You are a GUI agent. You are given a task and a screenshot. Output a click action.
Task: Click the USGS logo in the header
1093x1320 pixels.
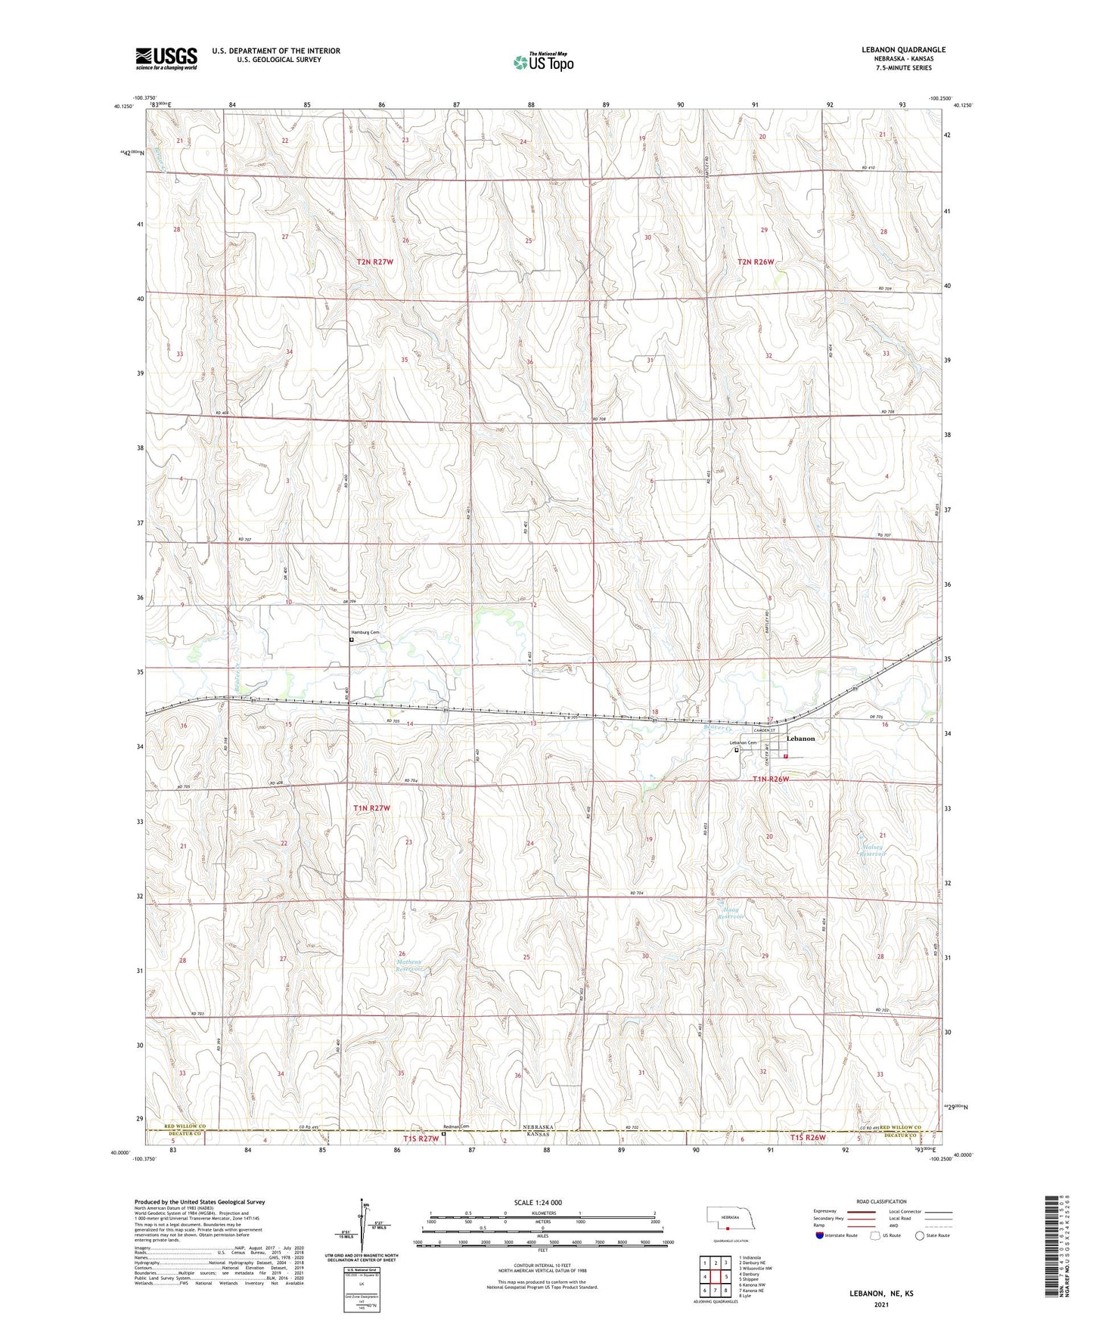click(x=166, y=57)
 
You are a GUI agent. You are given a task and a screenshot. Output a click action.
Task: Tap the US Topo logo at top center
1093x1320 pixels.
click(x=543, y=62)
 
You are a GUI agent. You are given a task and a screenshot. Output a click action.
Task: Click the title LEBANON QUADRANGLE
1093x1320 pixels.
click(x=903, y=50)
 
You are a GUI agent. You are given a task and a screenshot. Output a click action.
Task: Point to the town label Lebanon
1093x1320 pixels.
click(x=801, y=739)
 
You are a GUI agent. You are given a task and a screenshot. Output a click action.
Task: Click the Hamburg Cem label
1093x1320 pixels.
click(x=364, y=632)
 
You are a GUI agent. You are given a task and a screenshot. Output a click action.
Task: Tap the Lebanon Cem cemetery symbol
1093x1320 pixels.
click(x=737, y=751)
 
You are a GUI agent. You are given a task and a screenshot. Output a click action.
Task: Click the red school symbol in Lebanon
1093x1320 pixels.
click(x=785, y=756)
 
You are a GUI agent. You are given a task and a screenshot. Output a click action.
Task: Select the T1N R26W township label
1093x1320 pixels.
click(x=771, y=779)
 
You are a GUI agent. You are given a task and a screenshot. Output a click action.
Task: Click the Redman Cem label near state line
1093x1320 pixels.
click(x=456, y=1126)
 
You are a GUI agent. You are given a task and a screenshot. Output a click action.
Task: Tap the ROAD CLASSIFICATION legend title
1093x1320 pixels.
click(x=881, y=1201)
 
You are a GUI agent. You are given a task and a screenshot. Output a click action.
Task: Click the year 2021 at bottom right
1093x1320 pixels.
click(x=880, y=1305)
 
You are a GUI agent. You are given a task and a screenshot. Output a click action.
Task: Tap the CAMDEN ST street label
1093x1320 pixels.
click(x=764, y=730)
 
